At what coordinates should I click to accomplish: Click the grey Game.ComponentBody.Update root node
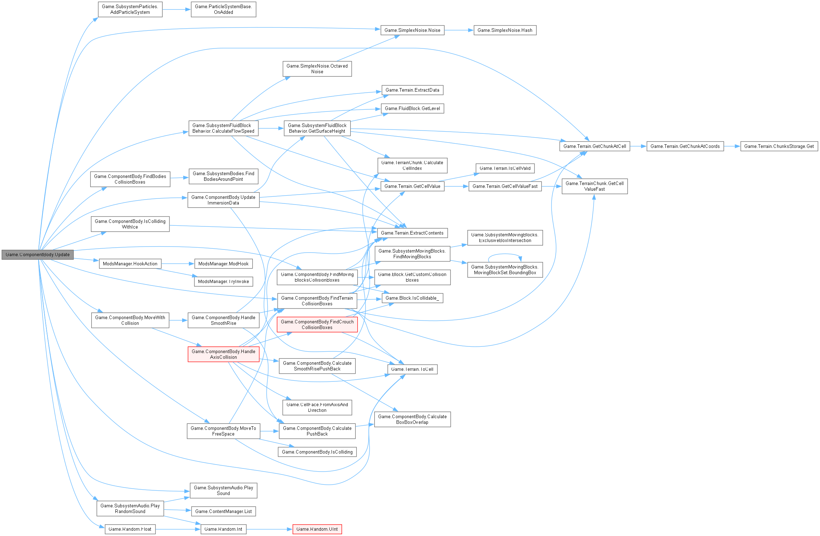coord(37,254)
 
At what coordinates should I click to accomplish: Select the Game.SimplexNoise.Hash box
coord(505,30)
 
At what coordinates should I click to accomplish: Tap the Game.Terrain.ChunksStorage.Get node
coord(779,146)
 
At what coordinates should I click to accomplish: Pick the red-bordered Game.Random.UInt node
coord(317,529)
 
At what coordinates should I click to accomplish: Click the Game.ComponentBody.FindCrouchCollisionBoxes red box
coord(317,324)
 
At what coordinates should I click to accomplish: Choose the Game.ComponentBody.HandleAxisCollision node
coord(223,354)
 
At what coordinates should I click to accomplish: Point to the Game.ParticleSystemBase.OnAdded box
coord(223,9)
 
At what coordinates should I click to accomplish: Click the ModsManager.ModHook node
coord(223,264)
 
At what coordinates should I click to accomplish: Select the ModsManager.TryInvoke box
coord(223,281)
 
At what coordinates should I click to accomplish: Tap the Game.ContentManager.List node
coord(223,511)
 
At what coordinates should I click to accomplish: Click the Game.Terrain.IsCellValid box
coord(505,168)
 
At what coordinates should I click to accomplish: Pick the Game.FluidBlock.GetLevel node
coord(412,108)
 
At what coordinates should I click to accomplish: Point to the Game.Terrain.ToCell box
coord(412,369)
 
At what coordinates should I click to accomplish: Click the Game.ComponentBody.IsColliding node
coord(317,452)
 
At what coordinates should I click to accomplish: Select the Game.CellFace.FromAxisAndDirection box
coord(317,407)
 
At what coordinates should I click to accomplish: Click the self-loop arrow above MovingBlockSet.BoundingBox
coord(505,254)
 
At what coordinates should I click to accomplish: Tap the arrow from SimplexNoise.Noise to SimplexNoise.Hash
coord(459,30)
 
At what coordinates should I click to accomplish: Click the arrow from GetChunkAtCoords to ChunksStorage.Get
coord(732,146)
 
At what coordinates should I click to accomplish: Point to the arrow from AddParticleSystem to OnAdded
coord(177,10)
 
